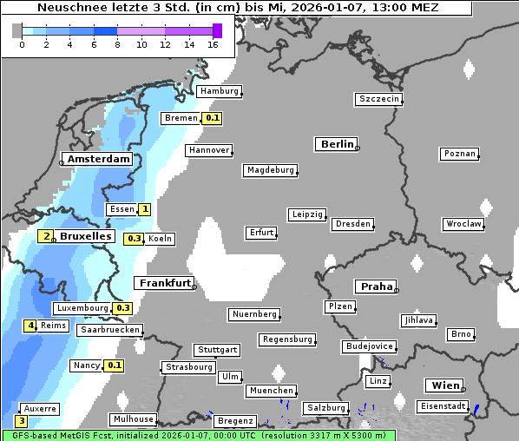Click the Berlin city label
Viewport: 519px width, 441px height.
coord(337,144)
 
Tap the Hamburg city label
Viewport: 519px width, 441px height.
coord(219,91)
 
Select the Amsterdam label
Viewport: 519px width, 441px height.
coord(98,160)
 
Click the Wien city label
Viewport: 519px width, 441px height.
coord(443,385)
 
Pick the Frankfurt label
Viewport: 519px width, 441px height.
coord(164,283)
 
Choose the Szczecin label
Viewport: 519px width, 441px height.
coord(379,99)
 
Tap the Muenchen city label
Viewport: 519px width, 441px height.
coord(271,391)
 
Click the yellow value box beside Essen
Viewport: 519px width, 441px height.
coord(145,209)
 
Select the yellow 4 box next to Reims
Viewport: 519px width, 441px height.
coord(30,326)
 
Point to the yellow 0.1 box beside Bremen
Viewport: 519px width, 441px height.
coord(213,118)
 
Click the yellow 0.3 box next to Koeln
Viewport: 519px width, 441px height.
coord(135,239)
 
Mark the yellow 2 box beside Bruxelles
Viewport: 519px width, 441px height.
coord(47,235)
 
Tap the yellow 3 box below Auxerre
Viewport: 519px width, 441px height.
coord(22,421)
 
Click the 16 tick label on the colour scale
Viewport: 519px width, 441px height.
coord(212,44)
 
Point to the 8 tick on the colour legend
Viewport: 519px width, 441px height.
coord(116,44)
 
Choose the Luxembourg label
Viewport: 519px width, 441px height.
coord(82,308)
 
